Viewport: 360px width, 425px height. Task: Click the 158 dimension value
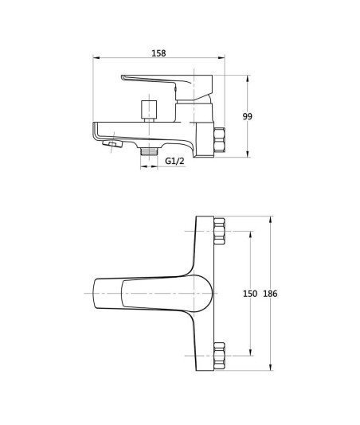coord(158,53)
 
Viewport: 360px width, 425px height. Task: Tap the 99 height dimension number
coord(247,116)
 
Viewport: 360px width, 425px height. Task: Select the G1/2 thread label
coord(174,161)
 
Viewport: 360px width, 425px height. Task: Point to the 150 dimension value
coord(250,294)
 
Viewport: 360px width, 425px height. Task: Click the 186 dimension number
coord(270,294)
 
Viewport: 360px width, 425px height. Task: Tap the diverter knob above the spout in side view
coord(149,111)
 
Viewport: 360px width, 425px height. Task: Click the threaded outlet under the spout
coord(149,151)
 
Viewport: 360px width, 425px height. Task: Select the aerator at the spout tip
coord(112,143)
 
